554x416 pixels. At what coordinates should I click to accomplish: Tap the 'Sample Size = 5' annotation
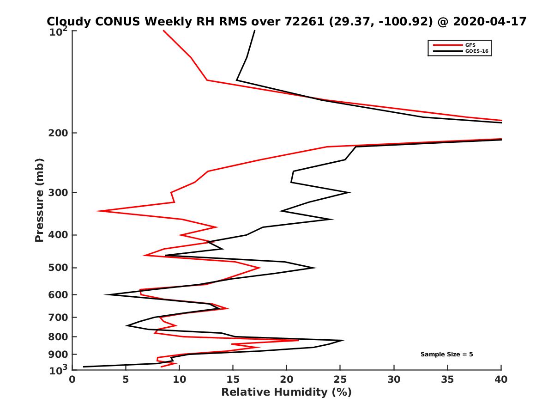446,355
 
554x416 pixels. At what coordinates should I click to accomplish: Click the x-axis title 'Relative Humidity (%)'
286,392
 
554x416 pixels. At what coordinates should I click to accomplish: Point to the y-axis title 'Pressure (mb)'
40,200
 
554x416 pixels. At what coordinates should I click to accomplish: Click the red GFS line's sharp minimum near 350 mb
97,211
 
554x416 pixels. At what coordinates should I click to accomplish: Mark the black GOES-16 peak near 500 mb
315,267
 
